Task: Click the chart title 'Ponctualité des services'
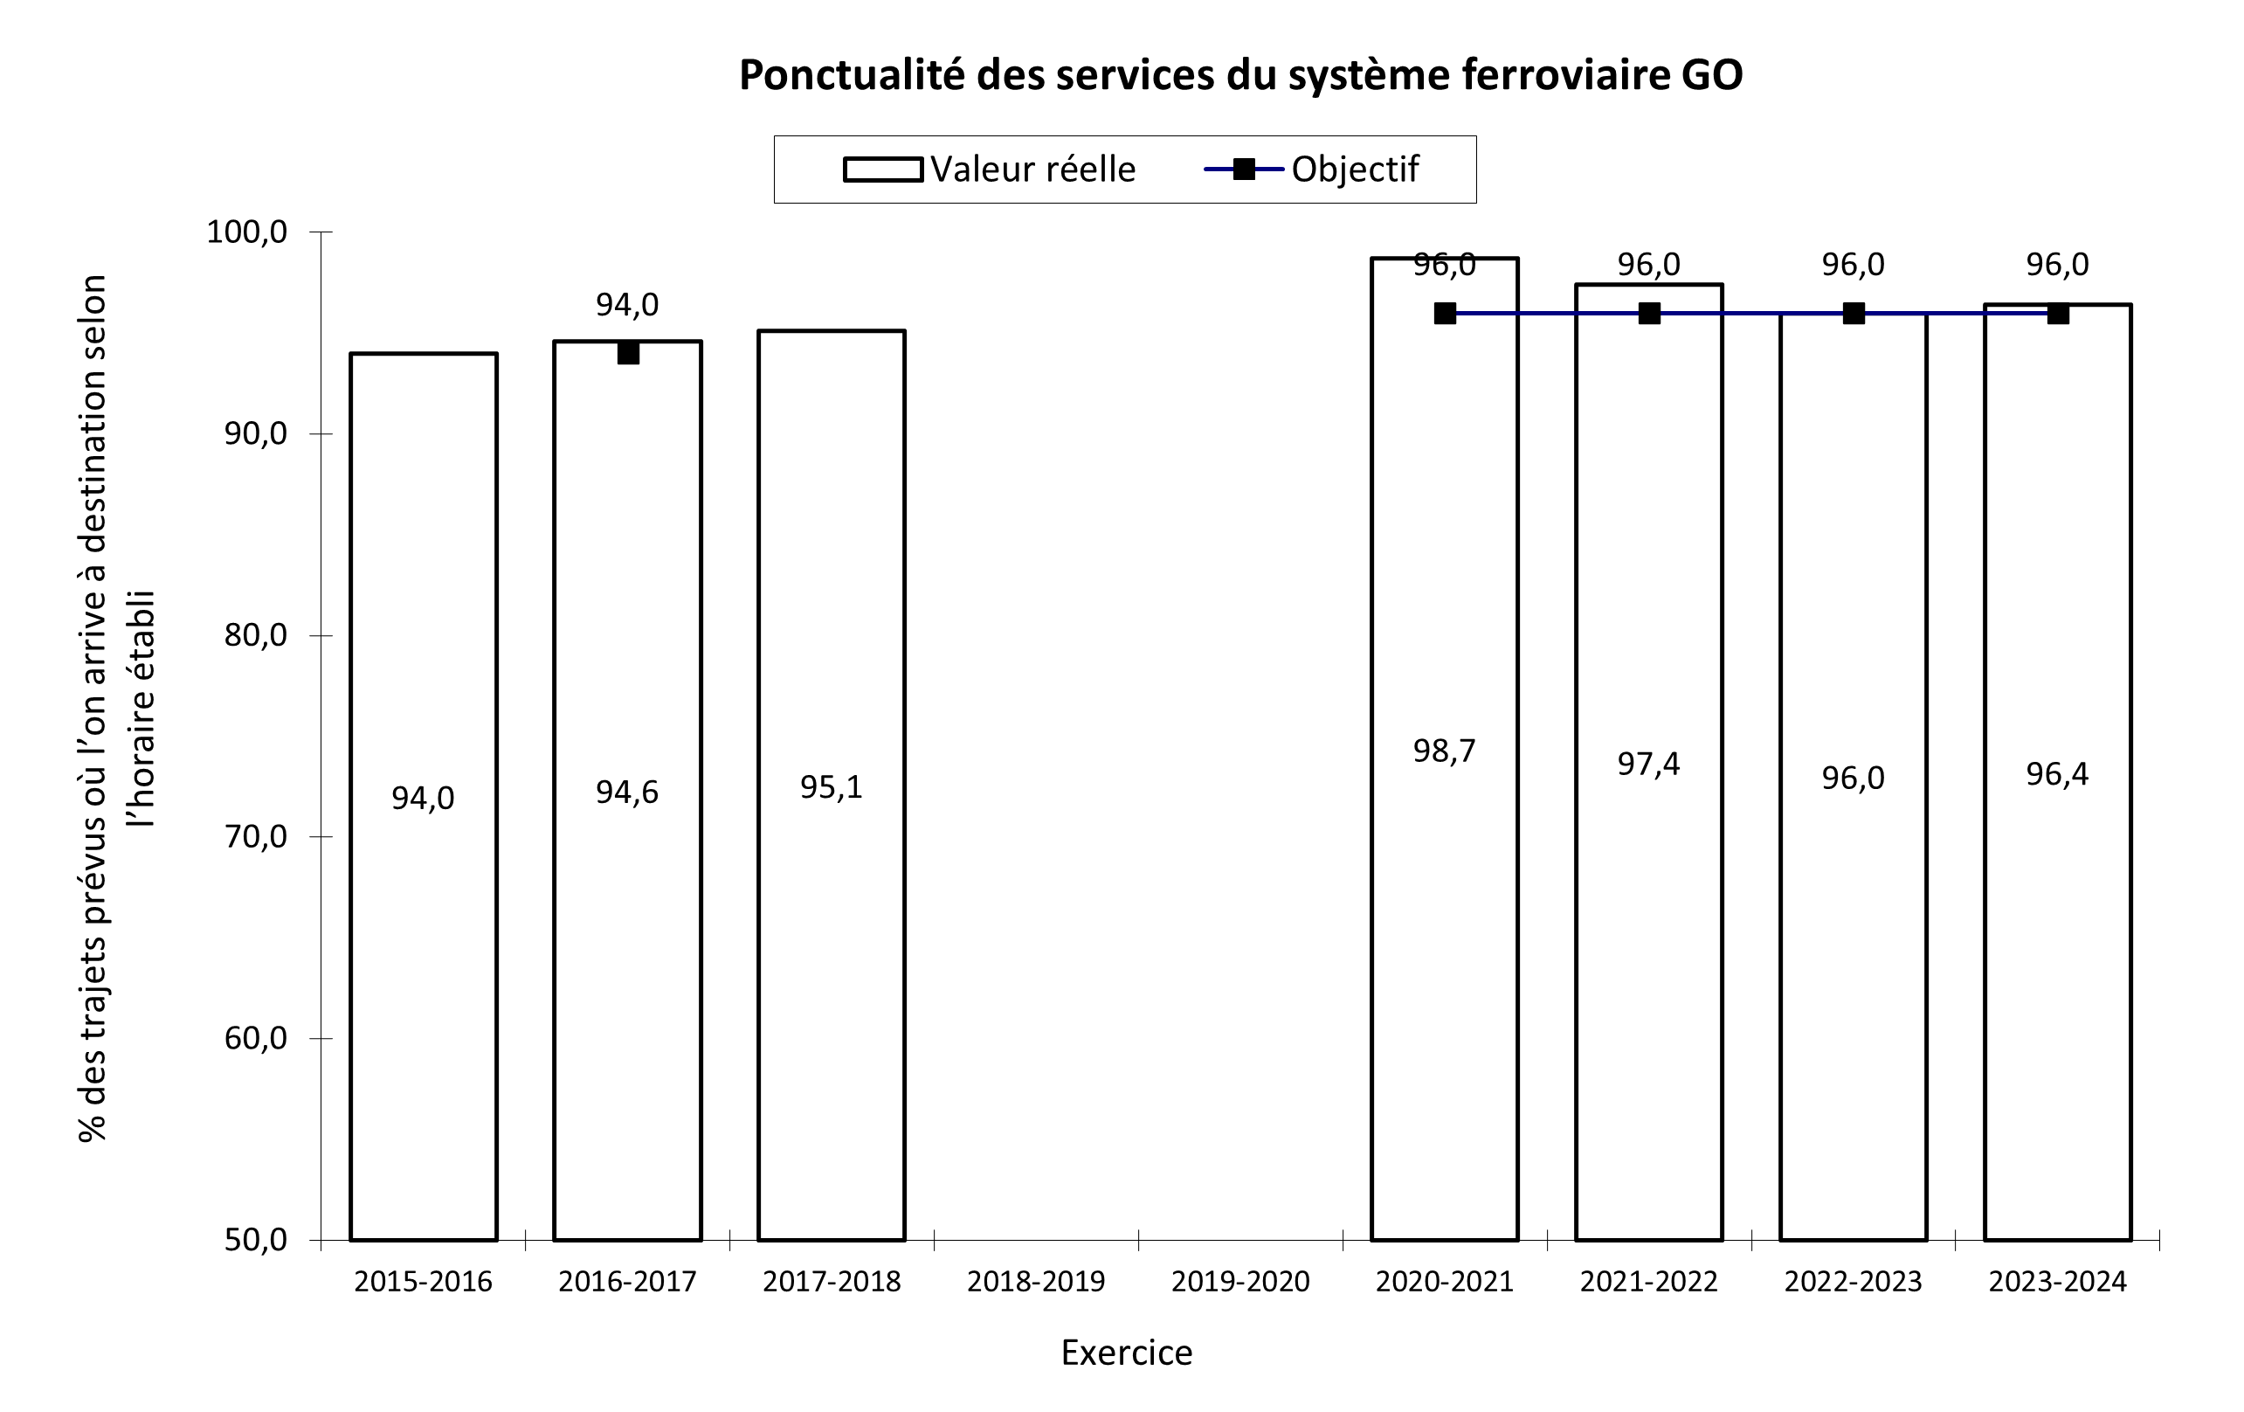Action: click(x=1240, y=75)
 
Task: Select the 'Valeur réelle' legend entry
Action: click(x=990, y=170)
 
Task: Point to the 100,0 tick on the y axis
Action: click(x=247, y=232)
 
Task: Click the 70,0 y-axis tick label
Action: click(x=255, y=836)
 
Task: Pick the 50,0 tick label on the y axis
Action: click(x=255, y=1240)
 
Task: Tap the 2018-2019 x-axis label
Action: click(x=1035, y=1282)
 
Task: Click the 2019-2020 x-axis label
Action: click(x=1239, y=1282)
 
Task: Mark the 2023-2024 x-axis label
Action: click(x=2058, y=1282)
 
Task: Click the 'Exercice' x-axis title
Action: click(x=1126, y=1353)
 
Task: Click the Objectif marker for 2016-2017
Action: click(x=627, y=353)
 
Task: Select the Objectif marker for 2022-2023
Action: click(x=1853, y=313)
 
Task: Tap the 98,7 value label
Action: click(x=1444, y=751)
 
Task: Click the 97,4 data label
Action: click(x=1647, y=765)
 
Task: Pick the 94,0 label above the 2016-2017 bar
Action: click(x=627, y=305)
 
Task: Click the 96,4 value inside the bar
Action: click(x=2057, y=773)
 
